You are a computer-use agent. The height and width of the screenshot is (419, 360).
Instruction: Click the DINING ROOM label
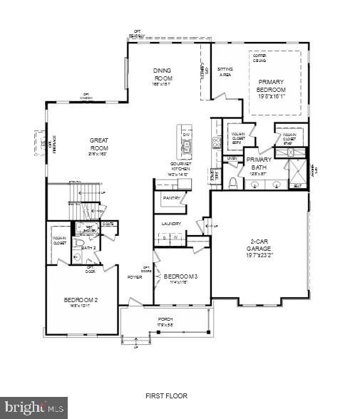point(163,74)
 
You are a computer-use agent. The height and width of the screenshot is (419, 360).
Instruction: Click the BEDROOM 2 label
point(81,301)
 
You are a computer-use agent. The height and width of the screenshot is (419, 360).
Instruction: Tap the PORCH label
point(165,319)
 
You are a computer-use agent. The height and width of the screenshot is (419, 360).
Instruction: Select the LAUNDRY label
point(171,224)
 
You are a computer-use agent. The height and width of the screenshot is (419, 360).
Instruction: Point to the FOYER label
point(135,277)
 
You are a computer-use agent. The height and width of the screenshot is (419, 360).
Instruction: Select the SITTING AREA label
point(225,71)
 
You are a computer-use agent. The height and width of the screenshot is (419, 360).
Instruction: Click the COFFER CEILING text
point(259,60)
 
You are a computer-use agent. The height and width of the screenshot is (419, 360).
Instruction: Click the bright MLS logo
point(34,407)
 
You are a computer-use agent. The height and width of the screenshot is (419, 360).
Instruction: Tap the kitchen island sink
point(187,148)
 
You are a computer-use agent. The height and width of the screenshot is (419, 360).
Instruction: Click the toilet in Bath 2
point(81,244)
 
